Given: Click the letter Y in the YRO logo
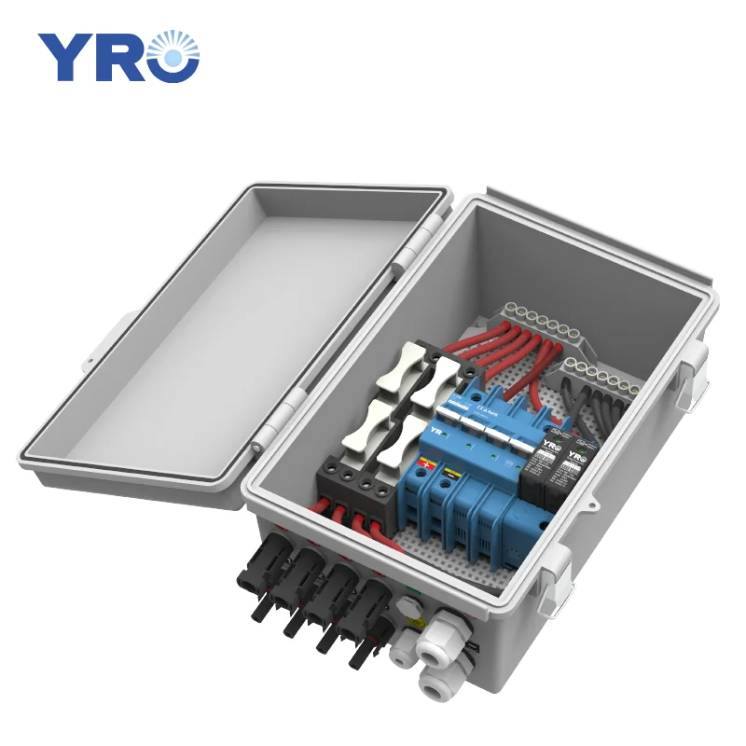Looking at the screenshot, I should coord(62,57).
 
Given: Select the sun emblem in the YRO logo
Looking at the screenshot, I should coord(174,56).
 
